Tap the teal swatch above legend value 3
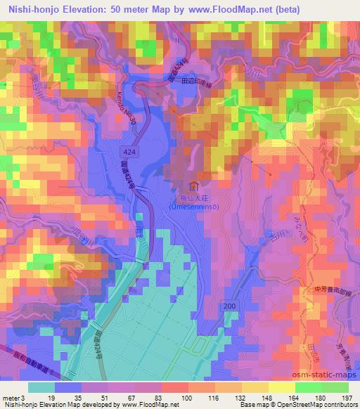coord(41,387)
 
